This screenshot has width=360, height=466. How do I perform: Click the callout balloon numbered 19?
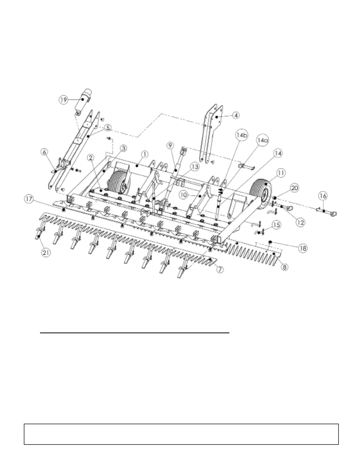click(x=63, y=100)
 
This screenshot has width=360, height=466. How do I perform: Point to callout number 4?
click(x=235, y=115)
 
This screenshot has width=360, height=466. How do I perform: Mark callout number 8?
click(x=284, y=267)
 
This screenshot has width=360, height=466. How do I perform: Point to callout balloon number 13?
click(x=194, y=167)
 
